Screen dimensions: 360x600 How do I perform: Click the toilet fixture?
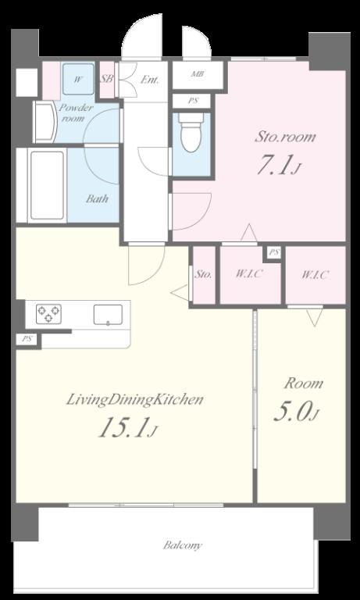click(191, 132)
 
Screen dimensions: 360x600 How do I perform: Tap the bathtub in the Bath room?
click(47, 185)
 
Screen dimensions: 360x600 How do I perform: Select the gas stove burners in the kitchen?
click(48, 313)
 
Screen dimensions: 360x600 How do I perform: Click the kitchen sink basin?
click(108, 315)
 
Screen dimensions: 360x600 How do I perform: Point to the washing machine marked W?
click(78, 79)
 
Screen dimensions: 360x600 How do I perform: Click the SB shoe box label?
click(107, 79)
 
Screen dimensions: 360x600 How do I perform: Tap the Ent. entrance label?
click(149, 80)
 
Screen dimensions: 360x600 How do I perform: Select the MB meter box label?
click(197, 74)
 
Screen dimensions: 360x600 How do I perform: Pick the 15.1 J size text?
click(128, 428)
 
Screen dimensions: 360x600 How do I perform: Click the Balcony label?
click(182, 545)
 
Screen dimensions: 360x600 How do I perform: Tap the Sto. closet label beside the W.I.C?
click(204, 274)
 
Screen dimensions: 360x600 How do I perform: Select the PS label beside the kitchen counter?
click(27, 339)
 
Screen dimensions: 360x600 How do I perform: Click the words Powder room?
click(76, 112)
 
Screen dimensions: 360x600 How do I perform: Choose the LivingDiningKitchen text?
click(134, 401)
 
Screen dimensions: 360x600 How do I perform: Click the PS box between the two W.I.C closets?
click(273, 252)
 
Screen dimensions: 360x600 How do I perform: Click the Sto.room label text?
click(285, 137)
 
